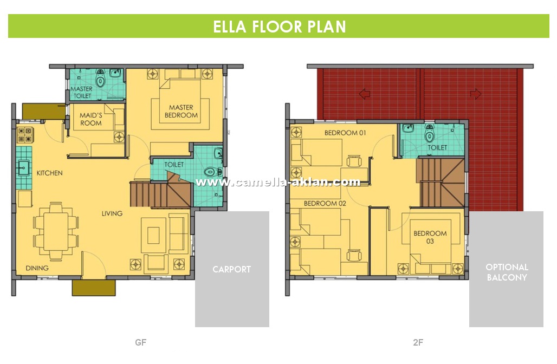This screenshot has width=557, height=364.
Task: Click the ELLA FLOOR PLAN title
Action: [x=279, y=27]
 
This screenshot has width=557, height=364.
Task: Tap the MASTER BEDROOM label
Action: [x=181, y=111]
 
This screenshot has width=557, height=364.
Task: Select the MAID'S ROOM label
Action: [x=90, y=119]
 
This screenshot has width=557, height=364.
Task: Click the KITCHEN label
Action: [x=49, y=173]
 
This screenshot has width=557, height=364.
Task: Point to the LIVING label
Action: [x=112, y=213]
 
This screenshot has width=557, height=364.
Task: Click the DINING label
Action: [x=37, y=268]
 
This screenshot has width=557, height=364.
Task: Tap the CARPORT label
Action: [x=231, y=269]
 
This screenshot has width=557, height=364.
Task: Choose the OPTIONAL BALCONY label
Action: [x=507, y=272]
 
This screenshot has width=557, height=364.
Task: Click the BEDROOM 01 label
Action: [x=345, y=133]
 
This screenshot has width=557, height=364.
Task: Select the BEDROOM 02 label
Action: [x=325, y=204]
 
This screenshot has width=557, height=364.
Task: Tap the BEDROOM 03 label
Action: [x=430, y=237]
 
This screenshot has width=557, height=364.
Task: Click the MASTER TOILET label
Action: [x=82, y=92]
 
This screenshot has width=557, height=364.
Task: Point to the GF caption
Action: [x=141, y=342]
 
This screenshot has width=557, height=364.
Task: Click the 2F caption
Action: [x=418, y=342]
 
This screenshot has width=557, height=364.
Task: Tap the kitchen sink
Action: [x=24, y=167]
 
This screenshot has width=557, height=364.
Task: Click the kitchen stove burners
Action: [x=24, y=135]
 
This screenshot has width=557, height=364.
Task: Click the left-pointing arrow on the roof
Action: [x=365, y=94]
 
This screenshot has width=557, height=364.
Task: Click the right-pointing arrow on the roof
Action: [x=476, y=94]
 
